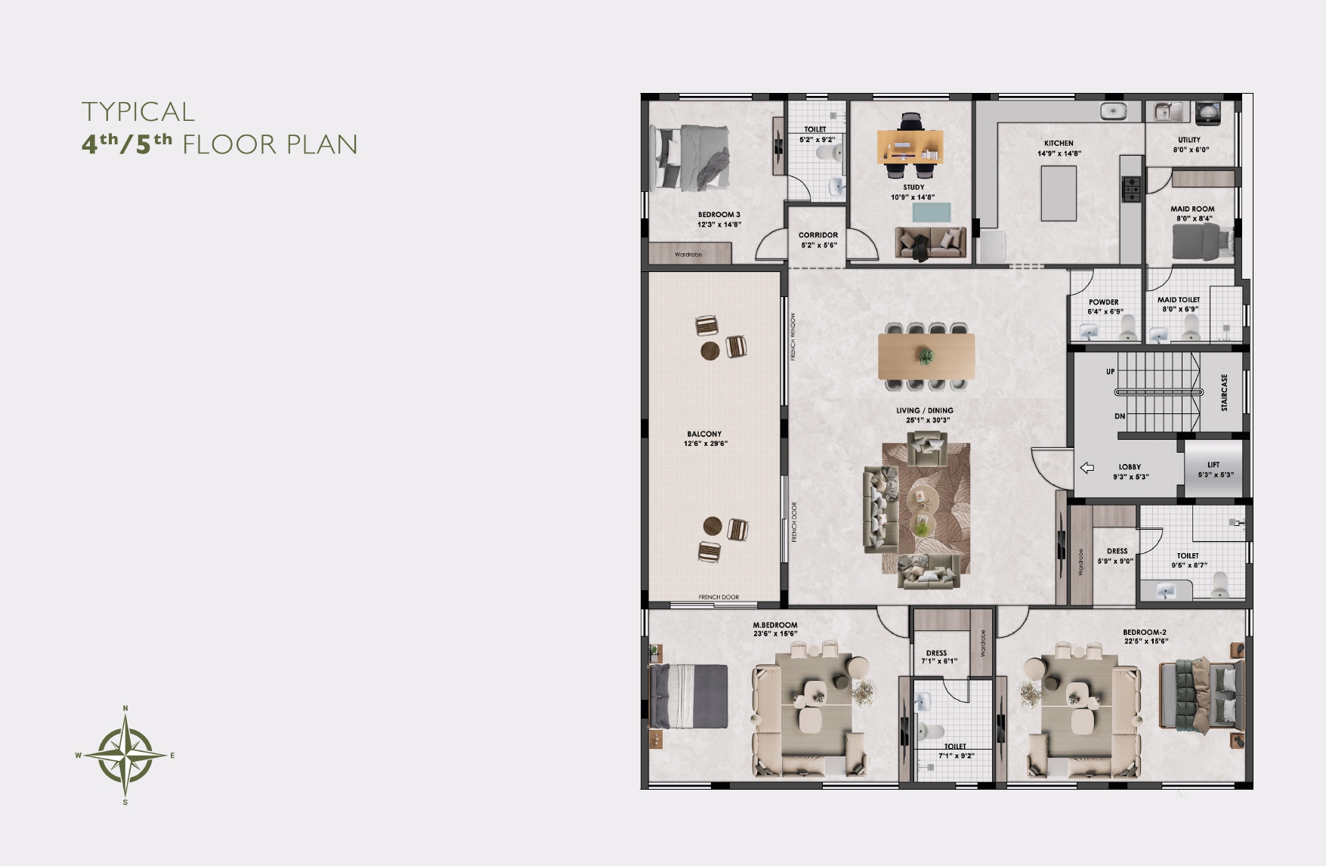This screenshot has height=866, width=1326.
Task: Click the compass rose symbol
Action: click(125, 755)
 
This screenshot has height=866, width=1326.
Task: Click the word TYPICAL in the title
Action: click(138, 112)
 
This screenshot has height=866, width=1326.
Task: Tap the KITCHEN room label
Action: click(1059, 143)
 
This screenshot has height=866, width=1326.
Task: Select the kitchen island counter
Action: click(1059, 193)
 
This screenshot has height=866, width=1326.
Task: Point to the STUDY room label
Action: click(913, 187)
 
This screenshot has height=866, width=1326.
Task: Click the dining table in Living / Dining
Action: click(926, 356)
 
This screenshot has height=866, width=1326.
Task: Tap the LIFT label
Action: click(1213, 465)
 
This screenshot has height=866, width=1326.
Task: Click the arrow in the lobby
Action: click(1087, 468)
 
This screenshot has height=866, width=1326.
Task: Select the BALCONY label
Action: click(704, 435)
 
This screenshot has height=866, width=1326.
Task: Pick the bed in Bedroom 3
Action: click(691, 157)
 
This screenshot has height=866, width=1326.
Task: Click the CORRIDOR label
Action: click(818, 235)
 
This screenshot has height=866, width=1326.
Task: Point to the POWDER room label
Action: click(1104, 302)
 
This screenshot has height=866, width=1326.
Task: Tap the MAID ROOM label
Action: click(1193, 209)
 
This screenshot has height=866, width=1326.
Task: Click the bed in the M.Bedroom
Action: click(688, 696)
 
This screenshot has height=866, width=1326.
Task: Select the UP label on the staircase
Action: click(1110, 372)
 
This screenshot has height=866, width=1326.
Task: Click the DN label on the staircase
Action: click(1120, 416)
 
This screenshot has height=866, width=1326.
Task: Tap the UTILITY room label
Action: click(1189, 140)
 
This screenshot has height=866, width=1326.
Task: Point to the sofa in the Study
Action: click(931, 243)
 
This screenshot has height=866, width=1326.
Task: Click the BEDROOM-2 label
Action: click(1145, 632)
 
